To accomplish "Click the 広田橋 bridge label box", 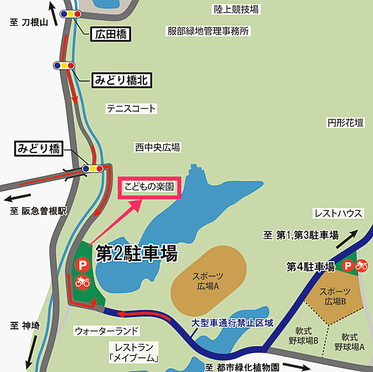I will (x=110, y=34).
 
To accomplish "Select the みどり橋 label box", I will (x=38, y=148).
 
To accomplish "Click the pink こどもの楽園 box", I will (x=149, y=189).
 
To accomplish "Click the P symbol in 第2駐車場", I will (x=82, y=265).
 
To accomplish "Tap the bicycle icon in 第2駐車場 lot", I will (x=82, y=282).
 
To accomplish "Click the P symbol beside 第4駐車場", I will (x=347, y=266).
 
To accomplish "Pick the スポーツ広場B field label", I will (x=336, y=296).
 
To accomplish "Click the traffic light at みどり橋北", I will (x=64, y=65).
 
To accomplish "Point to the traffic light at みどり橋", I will (x=93, y=169).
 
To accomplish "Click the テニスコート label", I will (x=131, y=109).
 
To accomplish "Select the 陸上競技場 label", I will (x=236, y=9).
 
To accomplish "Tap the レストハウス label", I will (x=338, y=213).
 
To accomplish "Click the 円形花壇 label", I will (x=345, y=123).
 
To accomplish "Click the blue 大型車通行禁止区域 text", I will (x=232, y=322).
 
